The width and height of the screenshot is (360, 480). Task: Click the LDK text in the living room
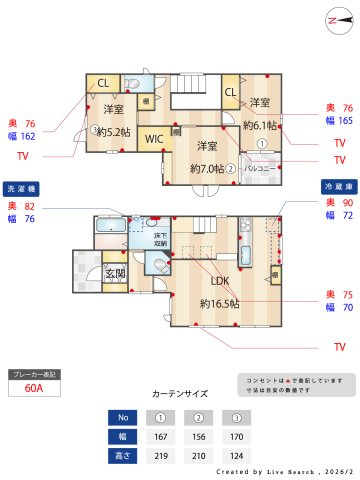(220, 281)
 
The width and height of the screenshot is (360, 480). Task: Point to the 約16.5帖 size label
(219, 302)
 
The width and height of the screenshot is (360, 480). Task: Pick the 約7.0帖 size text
(211, 168)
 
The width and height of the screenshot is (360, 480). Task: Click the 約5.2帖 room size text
(112, 130)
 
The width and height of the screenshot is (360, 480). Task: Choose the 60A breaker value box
(35, 388)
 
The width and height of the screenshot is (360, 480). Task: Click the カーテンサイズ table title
(180, 394)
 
